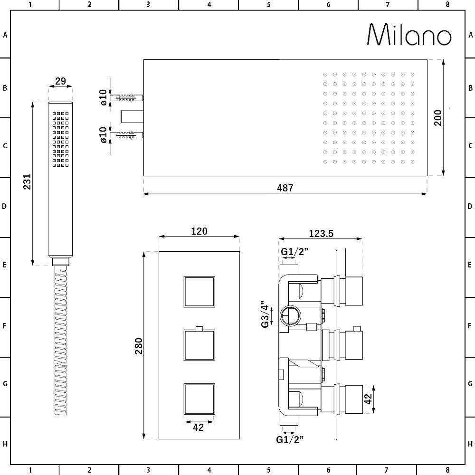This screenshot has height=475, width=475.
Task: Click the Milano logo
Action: pyautogui.click(x=409, y=35)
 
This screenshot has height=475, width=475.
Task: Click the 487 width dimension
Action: pyautogui.click(x=285, y=188)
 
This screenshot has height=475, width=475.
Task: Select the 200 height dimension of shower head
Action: pyautogui.click(x=437, y=117)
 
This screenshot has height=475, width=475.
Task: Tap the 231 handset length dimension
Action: pyautogui.click(x=27, y=182)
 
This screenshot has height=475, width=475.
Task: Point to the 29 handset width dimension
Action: pyautogui.click(x=60, y=81)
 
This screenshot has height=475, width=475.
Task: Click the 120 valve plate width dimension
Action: pyautogui.click(x=199, y=231)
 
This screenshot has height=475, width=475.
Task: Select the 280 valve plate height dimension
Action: pyautogui.click(x=138, y=346)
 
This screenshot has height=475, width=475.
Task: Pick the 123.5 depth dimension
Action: pyautogui.click(x=321, y=233)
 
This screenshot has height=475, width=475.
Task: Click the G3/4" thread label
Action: pyautogui.click(x=265, y=313)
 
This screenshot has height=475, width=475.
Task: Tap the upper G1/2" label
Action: pyautogui.click(x=294, y=251)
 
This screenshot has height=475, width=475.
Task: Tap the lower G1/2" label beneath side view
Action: pyautogui.click(x=290, y=439)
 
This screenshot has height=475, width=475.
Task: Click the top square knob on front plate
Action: pyautogui.click(x=199, y=292)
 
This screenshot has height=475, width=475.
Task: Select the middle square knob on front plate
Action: pyautogui.click(x=199, y=345)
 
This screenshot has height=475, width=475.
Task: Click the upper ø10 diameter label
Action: pyautogui.click(x=104, y=96)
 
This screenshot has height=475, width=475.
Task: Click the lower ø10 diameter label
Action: pyautogui.click(x=104, y=134)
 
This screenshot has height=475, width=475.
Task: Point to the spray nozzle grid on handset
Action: pyautogui.click(x=61, y=139)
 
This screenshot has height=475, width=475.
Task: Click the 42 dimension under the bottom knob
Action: pyautogui.click(x=199, y=427)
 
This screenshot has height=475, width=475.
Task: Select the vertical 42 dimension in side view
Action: pyautogui.click(x=368, y=399)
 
